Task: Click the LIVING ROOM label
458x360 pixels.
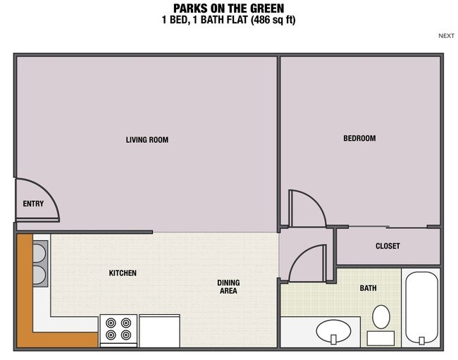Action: click(x=147, y=139)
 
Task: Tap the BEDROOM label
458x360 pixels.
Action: click(x=359, y=138)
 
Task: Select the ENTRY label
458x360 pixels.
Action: click(x=33, y=204)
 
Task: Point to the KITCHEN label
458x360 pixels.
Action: click(x=123, y=273)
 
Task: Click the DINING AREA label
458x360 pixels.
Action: click(x=228, y=287)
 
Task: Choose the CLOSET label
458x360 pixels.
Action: click(x=388, y=246)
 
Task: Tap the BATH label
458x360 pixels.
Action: click(x=368, y=288)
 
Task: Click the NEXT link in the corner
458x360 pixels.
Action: click(x=446, y=36)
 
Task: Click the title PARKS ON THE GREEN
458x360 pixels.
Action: click(x=228, y=8)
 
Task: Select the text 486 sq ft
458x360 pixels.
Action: click(x=268, y=20)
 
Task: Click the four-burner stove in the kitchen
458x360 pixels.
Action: click(x=118, y=329)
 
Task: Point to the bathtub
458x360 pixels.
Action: click(x=421, y=308)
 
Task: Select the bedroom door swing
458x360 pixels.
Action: click(x=306, y=208)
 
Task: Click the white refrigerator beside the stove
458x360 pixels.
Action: click(x=160, y=329)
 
